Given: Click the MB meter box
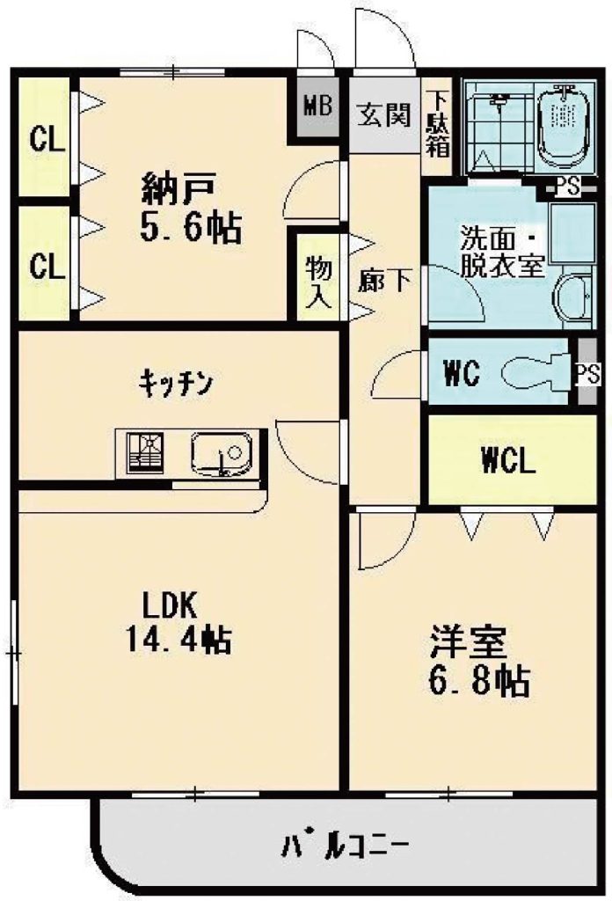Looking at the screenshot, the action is [317, 107].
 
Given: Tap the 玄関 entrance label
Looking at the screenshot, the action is [384, 114].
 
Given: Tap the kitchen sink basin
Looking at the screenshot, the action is [221, 453].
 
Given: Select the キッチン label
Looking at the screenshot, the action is [176, 383].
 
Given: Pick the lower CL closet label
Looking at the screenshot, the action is [47, 266].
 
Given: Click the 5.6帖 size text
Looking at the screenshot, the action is [190, 228].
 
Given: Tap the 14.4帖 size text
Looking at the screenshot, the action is [178, 639].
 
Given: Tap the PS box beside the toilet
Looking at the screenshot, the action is [587, 373].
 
